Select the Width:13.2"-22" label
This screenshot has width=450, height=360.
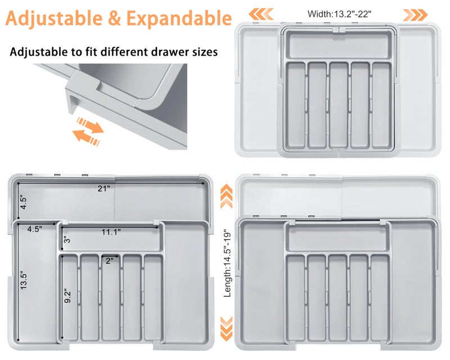pos(339,13)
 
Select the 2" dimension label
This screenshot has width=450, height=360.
pos(109,260)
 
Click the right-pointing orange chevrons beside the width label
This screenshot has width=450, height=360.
pos(416,13)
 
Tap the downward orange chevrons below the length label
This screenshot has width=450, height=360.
pos(227,330)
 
